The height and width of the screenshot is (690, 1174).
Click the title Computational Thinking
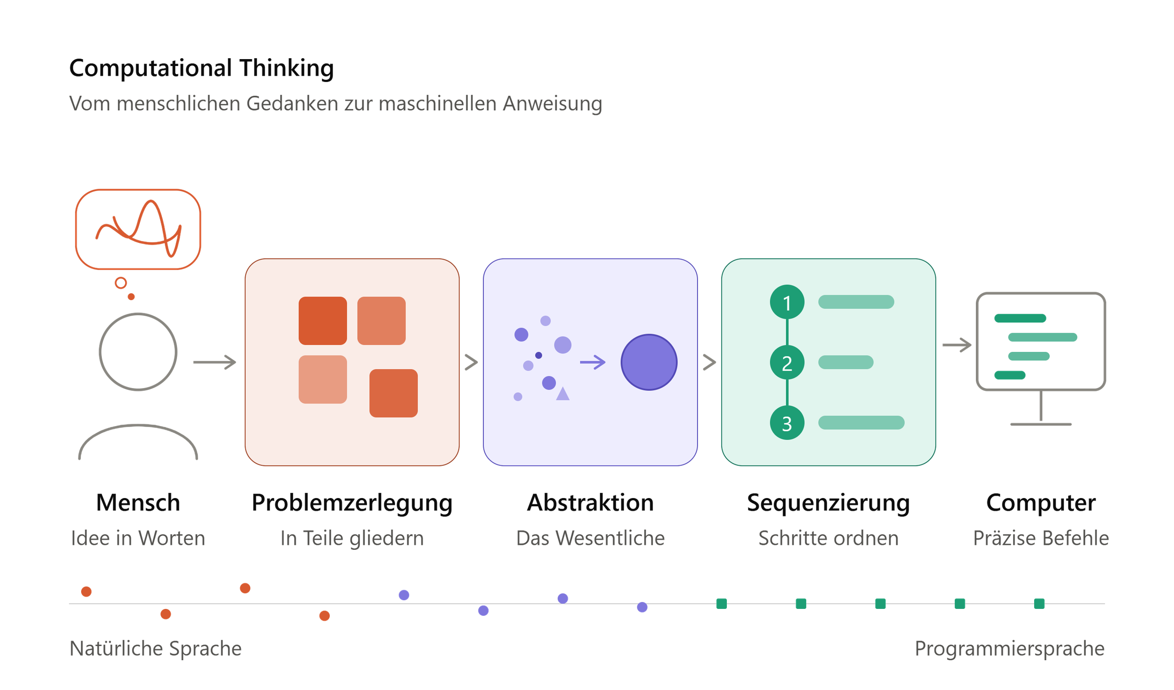(x=201, y=68)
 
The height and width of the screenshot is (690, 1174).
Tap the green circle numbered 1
(x=787, y=302)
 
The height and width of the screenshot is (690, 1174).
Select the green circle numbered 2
(x=787, y=363)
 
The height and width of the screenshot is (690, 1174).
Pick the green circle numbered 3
(x=787, y=423)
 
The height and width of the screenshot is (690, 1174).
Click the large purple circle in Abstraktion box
(x=649, y=362)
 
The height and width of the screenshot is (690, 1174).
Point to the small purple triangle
(x=563, y=394)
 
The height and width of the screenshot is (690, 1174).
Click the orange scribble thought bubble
(x=138, y=229)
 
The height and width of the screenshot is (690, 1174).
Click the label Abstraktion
(x=590, y=503)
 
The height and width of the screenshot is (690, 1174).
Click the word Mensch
(x=138, y=503)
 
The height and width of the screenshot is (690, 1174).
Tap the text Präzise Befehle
(x=1041, y=538)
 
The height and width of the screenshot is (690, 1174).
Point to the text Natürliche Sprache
(x=155, y=649)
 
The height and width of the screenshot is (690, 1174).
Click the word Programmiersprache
(x=1009, y=649)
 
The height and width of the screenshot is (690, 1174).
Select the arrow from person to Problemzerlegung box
(x=215, y=362)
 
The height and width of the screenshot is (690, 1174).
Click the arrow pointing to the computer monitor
(x=957, y=345)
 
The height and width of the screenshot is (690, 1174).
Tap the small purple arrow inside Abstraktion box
(x=593, y=362)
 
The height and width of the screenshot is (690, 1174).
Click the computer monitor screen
(x=1041, y=342)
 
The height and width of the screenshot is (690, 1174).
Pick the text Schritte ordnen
(x=828, y=538)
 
